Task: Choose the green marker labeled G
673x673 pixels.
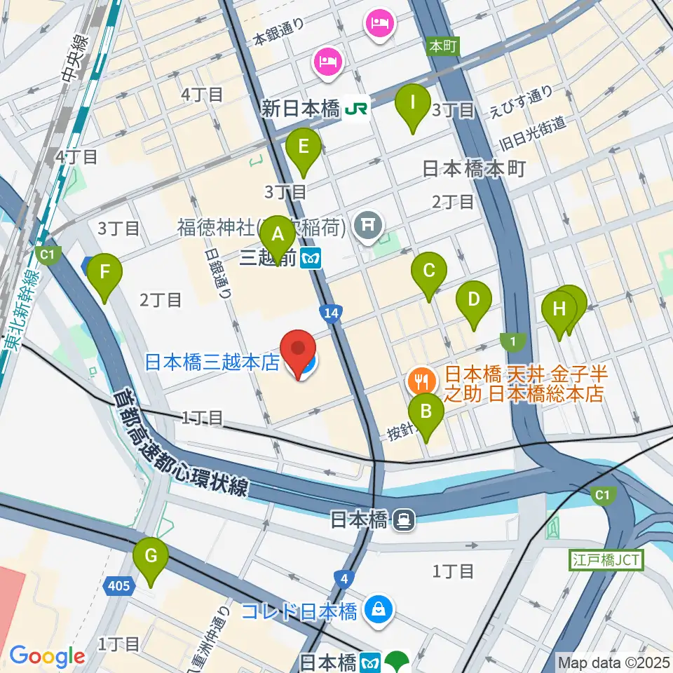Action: (151, 557)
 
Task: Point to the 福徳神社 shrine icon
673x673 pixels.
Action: (367, 225)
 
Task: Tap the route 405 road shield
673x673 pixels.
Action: (119, 584)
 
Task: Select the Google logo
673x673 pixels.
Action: (47, 656)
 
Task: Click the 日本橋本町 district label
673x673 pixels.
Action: (474, 170)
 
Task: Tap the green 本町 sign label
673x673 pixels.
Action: (442, 46)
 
